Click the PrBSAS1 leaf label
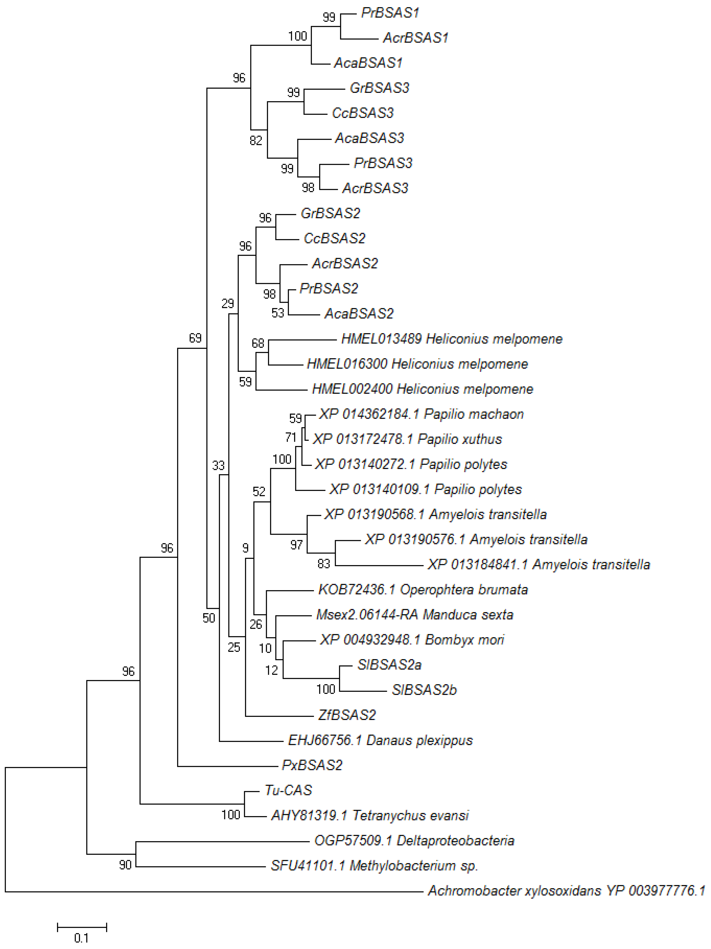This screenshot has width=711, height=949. (390, 13)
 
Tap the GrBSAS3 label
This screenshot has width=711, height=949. (379, 88)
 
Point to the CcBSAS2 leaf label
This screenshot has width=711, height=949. (334, 238)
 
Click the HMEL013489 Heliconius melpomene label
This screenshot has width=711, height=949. (451, 339)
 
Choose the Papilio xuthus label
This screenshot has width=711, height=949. (407, 439)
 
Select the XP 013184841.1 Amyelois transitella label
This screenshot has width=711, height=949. (538, 565)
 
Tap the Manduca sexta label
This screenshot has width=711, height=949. (414, 615)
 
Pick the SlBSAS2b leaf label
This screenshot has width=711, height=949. (424, 690)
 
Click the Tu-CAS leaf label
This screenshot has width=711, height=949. (288, 790)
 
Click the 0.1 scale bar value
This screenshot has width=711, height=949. (81, 938)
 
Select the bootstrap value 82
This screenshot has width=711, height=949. (256, 140)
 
